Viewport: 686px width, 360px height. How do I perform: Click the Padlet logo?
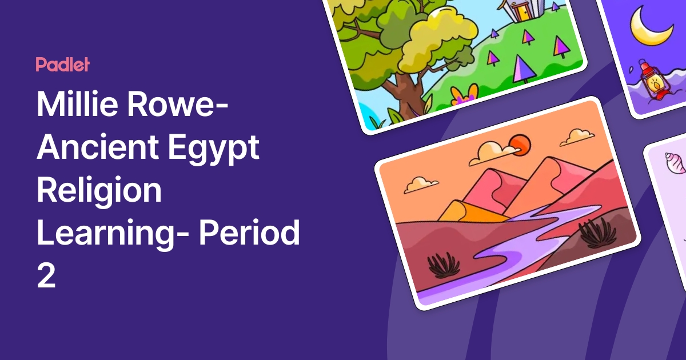[x=62, y=65]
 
